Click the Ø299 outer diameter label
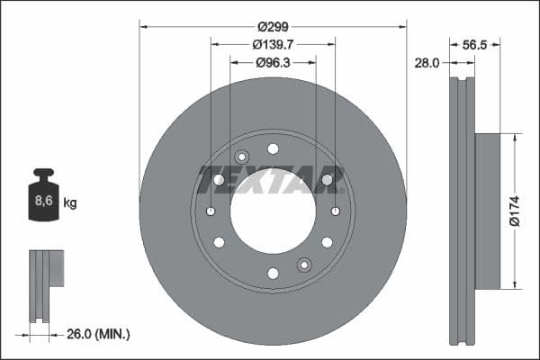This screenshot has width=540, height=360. (x=273, y=26)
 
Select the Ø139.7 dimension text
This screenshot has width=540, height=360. (x=273, y=44)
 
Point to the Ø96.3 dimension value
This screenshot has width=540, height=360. (x=273, y=63)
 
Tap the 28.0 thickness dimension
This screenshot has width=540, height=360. (x=427, y=63)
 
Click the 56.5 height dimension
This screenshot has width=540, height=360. (x=474, y=44)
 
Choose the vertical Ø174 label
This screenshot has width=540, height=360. (x=514, y=211)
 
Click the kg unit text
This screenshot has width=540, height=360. (x=70, y=203)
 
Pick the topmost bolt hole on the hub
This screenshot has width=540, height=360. (x=273, y=148)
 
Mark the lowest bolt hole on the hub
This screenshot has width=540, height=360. (x=273, y=274)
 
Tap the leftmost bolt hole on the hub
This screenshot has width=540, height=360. (x=211, y=211)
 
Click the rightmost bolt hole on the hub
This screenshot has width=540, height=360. (x=335, y=211)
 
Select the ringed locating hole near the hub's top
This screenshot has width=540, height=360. (x=241, y=157)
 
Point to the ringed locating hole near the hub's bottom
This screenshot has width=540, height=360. (x=304, y=265)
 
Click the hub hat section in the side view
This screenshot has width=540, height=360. (x=487, y=211)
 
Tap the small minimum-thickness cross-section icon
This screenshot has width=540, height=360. (x=45, y=283)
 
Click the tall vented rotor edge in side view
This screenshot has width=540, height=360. (x=462, y=211)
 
